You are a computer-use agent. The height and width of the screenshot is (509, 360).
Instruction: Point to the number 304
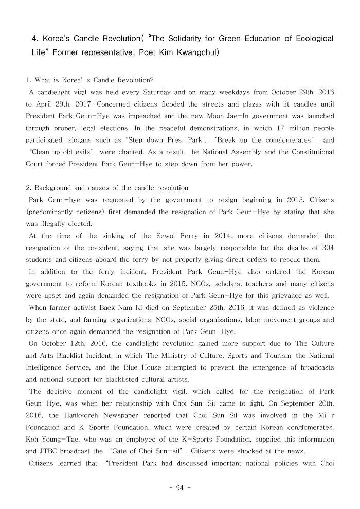326,248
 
